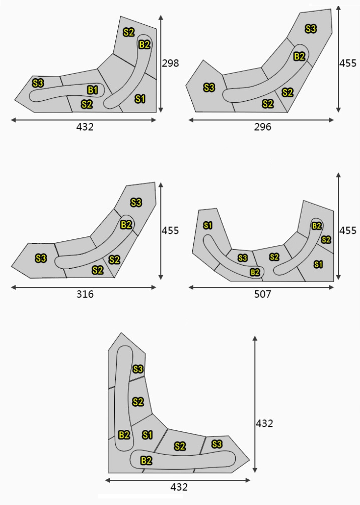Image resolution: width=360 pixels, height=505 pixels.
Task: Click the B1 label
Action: (x=93, y=90)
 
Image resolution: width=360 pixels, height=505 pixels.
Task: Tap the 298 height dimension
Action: (x=170, y=63)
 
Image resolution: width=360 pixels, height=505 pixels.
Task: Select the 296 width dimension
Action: (x=262, y=127)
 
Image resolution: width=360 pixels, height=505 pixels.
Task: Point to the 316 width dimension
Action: (x=85, y=294)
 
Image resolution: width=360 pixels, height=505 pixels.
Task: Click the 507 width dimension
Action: (x=262, y=294)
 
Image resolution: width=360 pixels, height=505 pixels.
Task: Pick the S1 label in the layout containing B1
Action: (x=140, y=99)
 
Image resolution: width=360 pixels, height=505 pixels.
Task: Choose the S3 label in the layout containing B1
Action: (x=38, y=83)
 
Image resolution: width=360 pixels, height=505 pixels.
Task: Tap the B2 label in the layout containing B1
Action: (x=145, y=44)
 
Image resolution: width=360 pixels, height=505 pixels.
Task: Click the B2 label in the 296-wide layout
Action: (x=299, y=56)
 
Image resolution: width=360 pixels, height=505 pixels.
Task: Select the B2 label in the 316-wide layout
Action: (x=126, y=224)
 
